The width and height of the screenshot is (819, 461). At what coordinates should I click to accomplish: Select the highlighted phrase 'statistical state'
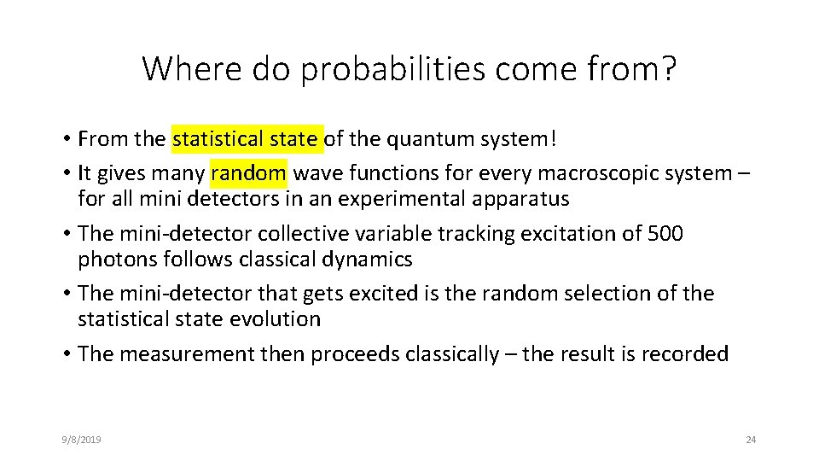(247, 138)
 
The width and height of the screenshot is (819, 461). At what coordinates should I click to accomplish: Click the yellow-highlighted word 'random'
(248, 173)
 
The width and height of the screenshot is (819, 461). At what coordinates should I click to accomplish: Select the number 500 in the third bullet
(665, 234)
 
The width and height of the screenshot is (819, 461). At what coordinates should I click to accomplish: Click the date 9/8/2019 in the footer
(81, 440)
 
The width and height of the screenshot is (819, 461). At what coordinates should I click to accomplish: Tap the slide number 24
(751, 440)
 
